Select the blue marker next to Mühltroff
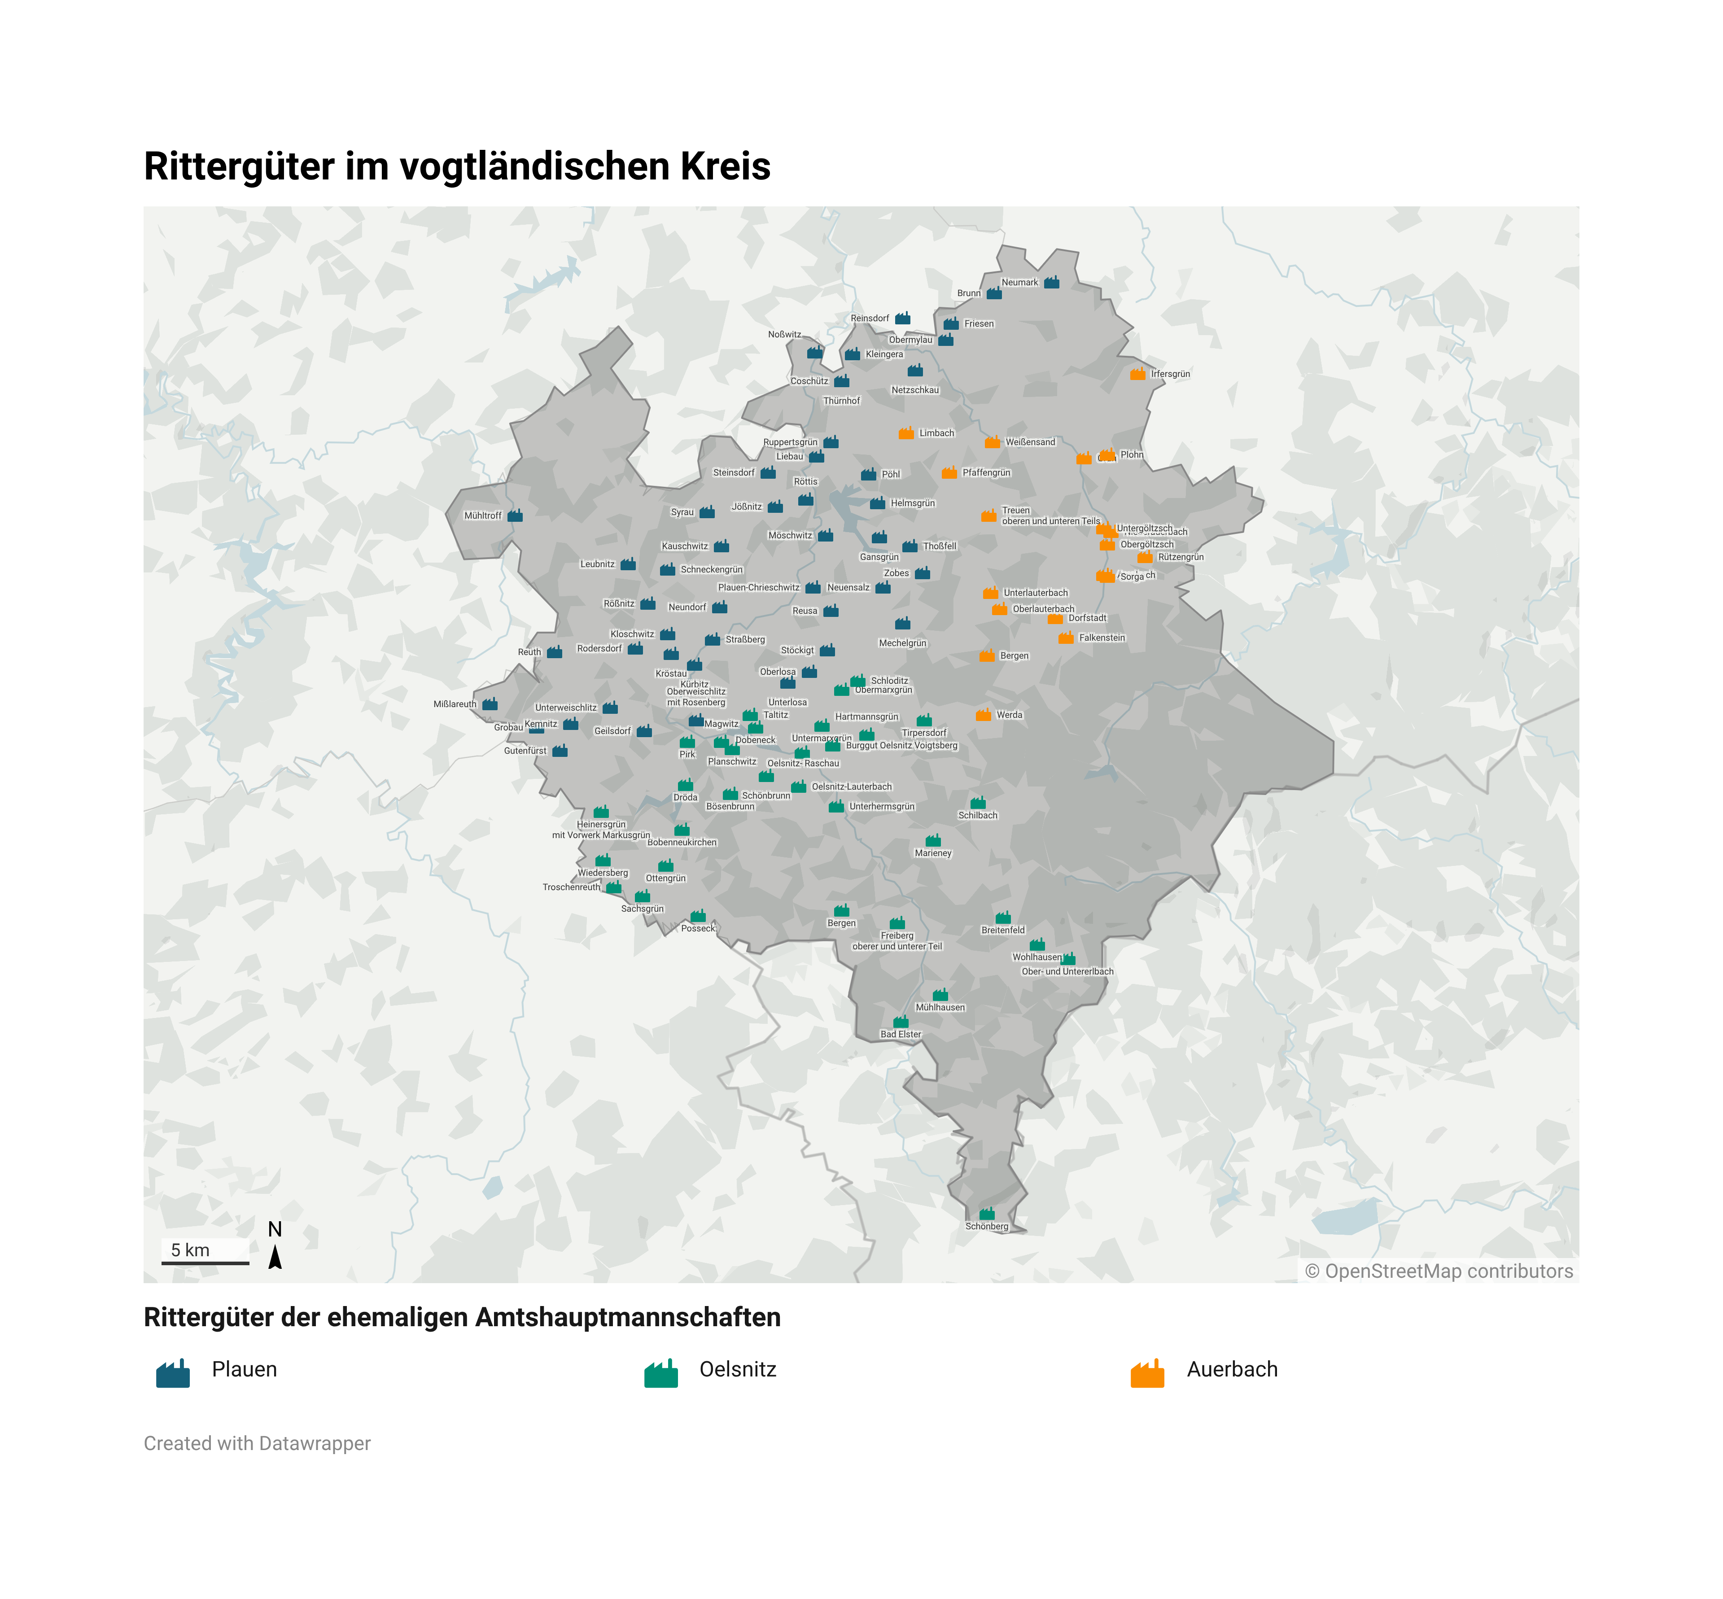[515, 516]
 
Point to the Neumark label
[1019, 282]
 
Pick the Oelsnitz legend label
[737, 1370]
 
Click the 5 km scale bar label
[190, 1250]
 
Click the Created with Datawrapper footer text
[257, 1443]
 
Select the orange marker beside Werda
[983, 715]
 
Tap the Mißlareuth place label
[455, 704]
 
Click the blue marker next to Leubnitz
[628, 564]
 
